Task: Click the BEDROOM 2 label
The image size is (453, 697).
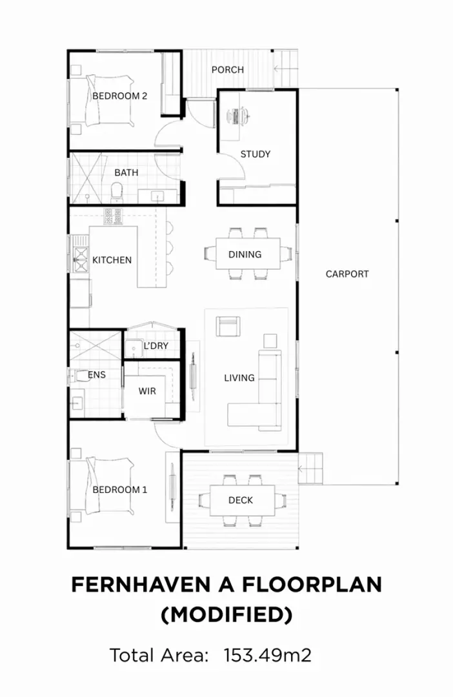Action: tap(119, 96)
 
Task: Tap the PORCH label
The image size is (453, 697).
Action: tap(228, 70)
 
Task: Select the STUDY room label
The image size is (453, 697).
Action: tap(255, 154)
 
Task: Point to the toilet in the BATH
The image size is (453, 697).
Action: tap(117, 191)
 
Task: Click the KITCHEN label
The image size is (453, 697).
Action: tap(112, 260)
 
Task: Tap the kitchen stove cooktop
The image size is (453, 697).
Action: tap(114, 216)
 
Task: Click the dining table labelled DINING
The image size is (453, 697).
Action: tap(245, 254)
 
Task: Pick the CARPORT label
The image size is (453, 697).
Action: tap(347, 274)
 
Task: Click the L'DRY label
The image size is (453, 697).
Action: tap(156, 346)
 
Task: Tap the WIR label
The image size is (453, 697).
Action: tap(147, 391)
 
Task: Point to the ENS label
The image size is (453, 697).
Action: tap(96, 374)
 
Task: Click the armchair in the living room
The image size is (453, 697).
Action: tap(228, 327)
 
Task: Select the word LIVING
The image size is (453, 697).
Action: tap(239, 378)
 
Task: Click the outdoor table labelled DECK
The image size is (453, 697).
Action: tap(241, 500)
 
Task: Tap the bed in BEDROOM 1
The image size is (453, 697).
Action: tap(103, 489)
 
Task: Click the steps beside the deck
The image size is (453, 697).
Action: tap(310, 468)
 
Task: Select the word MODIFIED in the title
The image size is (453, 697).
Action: tap(226, 614)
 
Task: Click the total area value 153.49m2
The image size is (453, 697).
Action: tap(267, 656)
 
